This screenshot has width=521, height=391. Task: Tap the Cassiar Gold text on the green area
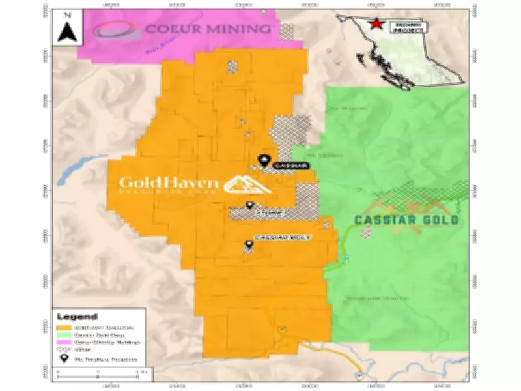click(x=406, y=220)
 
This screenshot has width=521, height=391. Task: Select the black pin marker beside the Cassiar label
click(x=264, y=159)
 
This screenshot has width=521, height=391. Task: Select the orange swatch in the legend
click(x=64, y=326)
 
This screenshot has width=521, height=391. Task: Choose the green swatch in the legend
click(x=64, y=334)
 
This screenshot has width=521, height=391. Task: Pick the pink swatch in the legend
click(x=64, y=341)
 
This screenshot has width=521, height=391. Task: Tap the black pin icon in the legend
click(x=64, y=357)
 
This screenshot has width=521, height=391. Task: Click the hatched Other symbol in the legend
click(x=64, y=349)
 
